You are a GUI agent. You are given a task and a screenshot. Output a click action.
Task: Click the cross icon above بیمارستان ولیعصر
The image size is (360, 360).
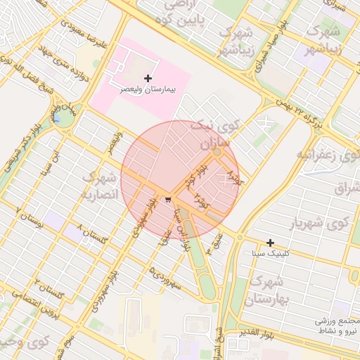[148, 77]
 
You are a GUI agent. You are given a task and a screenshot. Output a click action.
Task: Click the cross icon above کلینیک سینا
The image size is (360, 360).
[270, 243]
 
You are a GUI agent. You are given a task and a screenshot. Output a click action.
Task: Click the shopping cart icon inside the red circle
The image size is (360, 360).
[168, 200]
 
